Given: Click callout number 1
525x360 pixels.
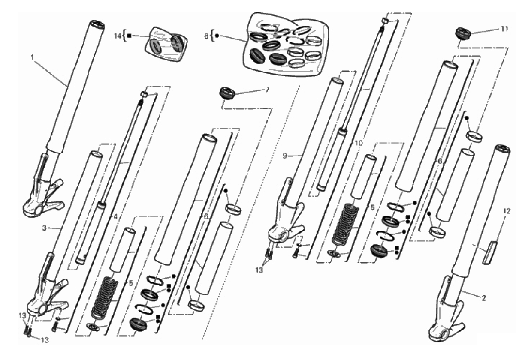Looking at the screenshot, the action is click(x=32, y=57).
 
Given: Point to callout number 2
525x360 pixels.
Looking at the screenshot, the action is click(x=484, y=298).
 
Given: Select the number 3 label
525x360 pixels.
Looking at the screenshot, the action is click(x=45, y=228).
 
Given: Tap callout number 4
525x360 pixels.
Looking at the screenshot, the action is click(x=115, y=217).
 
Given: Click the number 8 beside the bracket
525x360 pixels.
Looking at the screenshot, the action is click(x=206, y=36).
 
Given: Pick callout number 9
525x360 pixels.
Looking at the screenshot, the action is click(x=284, y=156).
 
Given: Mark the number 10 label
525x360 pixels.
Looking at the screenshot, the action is click(x=359, y=143).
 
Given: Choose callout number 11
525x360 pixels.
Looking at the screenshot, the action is click(x=504, y=29).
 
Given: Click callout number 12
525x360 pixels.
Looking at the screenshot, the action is click(x=506, y=211).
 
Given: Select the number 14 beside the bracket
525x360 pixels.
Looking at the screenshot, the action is click(x=118, y=36).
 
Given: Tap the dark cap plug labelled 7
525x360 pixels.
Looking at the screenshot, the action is click(x=227, y=93).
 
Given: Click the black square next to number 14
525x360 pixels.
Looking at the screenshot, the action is click(x=129, y=36).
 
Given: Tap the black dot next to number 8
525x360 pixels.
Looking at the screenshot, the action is click(x=217, y=36).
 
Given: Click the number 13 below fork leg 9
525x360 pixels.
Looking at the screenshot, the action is click(x=259, y=270).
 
